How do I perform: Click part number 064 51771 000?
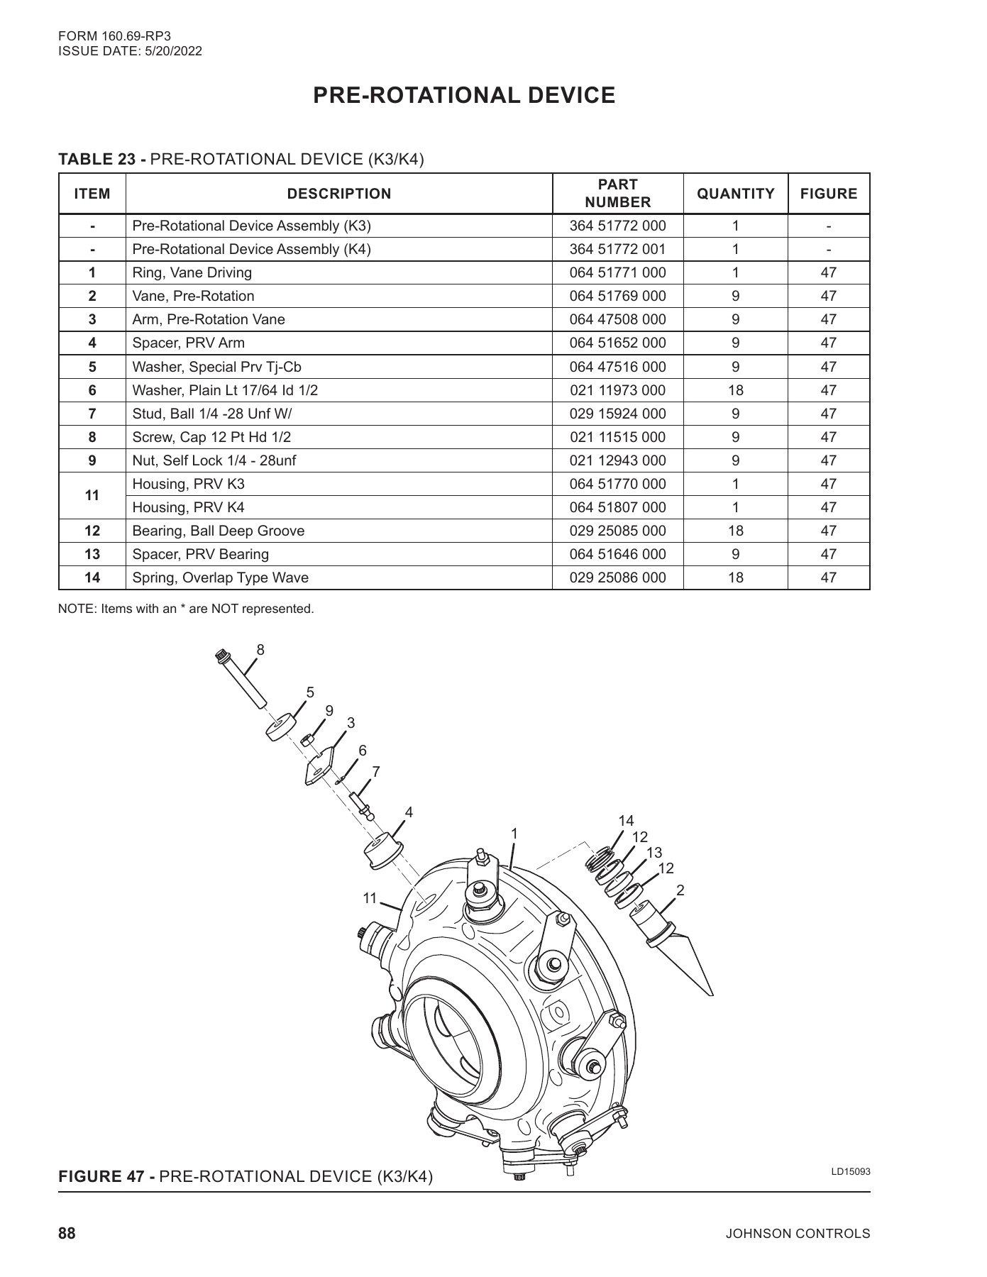click(x=617, y=272)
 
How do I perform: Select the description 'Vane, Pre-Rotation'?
click(x=193, y=296)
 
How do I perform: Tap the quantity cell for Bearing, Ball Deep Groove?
click(x=735, y=531)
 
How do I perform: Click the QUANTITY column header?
click(x=735, y=194)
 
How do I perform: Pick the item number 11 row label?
click(x=92, y=495)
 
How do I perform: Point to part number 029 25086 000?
click(x=617, y=577)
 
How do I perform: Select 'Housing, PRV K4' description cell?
click(x=188, y=507)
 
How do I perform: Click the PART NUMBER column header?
click(x=617, y=194)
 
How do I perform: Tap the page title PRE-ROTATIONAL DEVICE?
click(x=464, y=96)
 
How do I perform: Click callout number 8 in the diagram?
click(x=260, y=649)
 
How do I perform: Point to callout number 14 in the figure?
click(x=626, y=821)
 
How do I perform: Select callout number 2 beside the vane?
click(x=680, y=890)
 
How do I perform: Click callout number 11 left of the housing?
click(x=370, y=898)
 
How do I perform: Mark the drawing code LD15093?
click(x=850, y=1171)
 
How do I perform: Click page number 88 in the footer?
click(x=67, y=1234)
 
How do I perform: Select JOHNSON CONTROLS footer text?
click(x=798, y=1234)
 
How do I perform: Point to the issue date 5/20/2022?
click(x=174, y=51)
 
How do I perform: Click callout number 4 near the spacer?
click(x=409, y=812)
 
